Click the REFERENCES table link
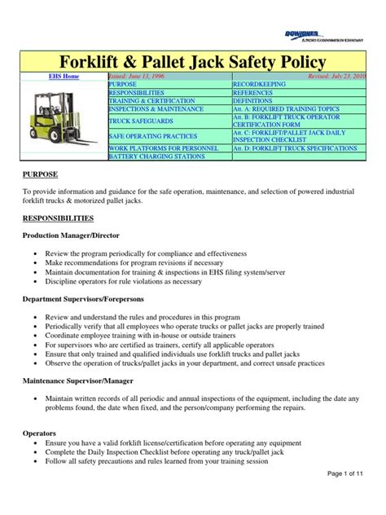[253, 94]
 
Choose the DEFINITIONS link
[254, 103]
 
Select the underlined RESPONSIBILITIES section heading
[57, 218]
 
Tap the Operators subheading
[38, 435]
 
